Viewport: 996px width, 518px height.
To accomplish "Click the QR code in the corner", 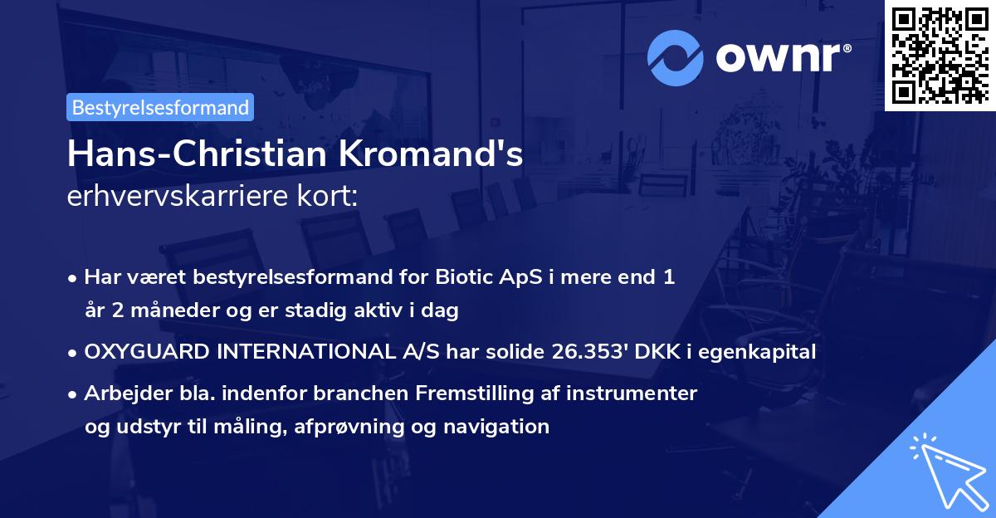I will pyautogui.click(x=940, y=56).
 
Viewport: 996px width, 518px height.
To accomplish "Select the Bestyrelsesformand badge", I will pyautogui.click(x=160, y=107).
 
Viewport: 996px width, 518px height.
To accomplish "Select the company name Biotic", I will pyautogui.click(x=458, y=277).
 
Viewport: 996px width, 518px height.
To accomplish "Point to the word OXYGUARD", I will pyautogui.click(x=145, y=352).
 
